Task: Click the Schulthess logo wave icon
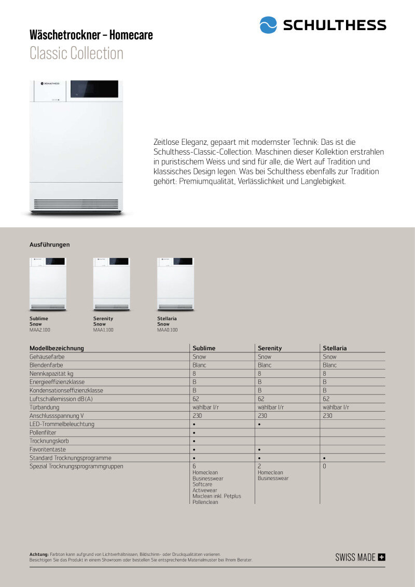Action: (268, 25)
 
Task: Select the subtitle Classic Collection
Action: (76, 53)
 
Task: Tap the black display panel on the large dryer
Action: (94, 89)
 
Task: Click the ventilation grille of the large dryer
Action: (76, 204)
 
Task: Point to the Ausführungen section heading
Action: (49, 244)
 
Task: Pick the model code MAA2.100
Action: (40, 330)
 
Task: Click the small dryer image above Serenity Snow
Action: (112, 284)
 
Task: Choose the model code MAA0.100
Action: (168, 330)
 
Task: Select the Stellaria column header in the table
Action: (335, 348)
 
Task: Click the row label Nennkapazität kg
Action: (51, 374)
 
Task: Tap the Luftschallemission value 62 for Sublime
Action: (196, 399)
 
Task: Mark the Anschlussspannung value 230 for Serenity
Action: (262, 416)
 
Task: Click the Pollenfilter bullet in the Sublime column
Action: (194, 433)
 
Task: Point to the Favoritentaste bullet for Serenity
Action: (259, 449)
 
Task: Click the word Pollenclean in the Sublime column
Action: (205, 502)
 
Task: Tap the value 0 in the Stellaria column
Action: (324, 467)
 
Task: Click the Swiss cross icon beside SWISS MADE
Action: (382, 557)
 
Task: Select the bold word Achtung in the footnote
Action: (39, 554)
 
